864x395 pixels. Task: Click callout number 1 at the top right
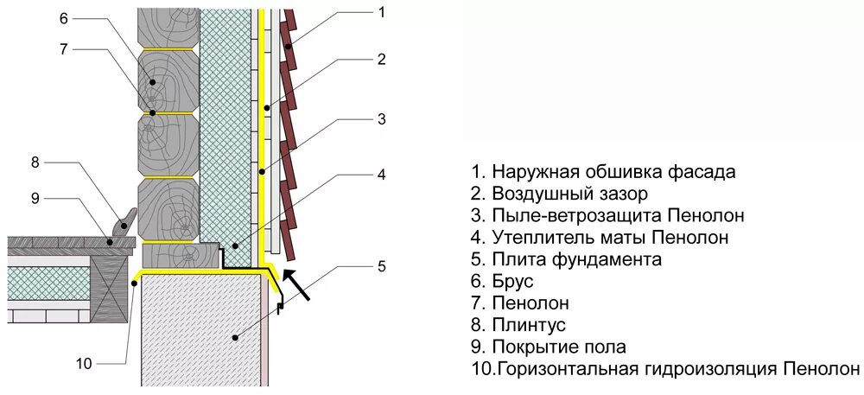381,11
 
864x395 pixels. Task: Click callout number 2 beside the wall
381,59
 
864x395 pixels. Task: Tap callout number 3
381,118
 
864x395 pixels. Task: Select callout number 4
381,174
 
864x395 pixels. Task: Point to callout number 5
381,265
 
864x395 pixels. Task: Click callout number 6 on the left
64,17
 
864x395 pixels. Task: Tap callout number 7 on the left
64,48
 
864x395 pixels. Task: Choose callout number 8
35,162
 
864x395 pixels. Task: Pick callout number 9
35,198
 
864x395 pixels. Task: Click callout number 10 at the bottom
83,363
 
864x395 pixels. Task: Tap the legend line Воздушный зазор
569,194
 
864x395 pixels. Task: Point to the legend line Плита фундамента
577,259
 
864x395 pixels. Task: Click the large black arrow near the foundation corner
296,286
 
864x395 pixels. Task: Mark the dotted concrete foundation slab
204,328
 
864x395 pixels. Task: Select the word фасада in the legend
706,171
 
